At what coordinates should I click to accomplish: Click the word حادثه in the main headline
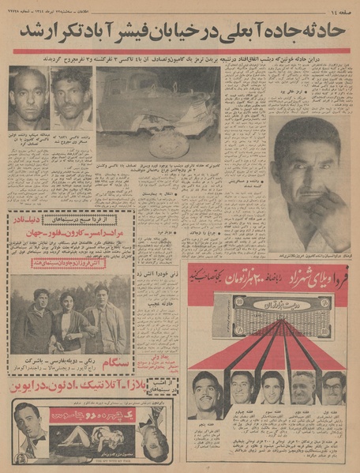(x=327, y=30)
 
